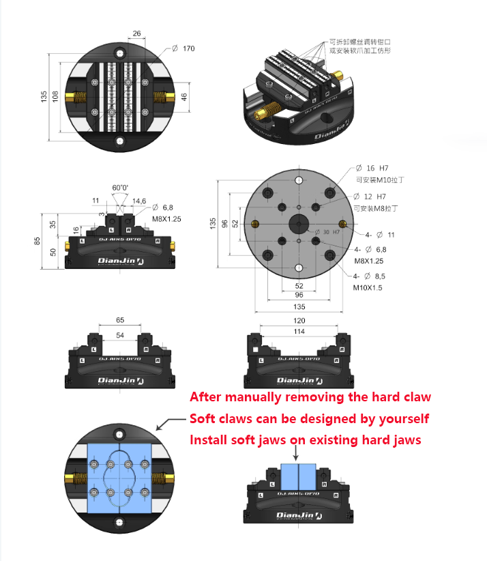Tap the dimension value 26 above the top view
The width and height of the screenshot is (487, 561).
tap(136, 33)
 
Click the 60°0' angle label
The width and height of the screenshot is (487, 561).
tap(120, 187)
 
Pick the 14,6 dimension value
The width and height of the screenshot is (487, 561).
tap(139, 201)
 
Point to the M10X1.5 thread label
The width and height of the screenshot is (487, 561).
tap(368, 288)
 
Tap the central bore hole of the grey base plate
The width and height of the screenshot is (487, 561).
tap(298, 223)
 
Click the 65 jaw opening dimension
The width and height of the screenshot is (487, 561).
tap(120, 319)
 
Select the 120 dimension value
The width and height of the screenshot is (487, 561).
tap(299, 320)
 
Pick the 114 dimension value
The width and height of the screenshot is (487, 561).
tap(299, 332)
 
